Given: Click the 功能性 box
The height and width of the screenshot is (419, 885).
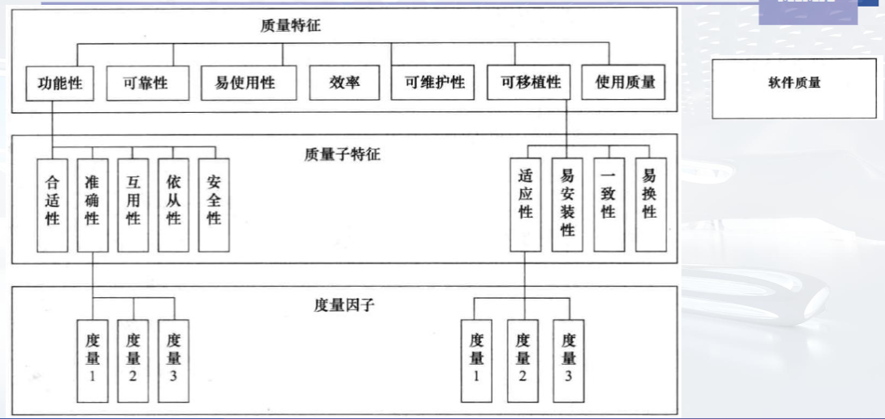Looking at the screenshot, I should pyautogui.click(x=59, y=82).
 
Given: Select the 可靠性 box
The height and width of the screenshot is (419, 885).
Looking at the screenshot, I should pyautogui.click(x=147, y=82).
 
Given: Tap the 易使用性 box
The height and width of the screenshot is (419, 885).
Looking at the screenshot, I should pyautogui.click(x=248, y=82).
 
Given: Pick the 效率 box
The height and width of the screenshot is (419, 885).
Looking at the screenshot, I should pyautogui.click(x=345, y=82).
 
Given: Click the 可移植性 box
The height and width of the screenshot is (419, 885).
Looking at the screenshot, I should pyautogui.click(x=530, y=82).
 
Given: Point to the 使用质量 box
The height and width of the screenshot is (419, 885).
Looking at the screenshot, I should pyautogui.click(x=624, y=82).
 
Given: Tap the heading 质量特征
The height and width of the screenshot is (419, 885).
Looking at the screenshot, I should pyautogui.click(x=291, y=26).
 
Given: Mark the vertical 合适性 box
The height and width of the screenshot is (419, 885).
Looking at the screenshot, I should pyautogui.click(x=52, y=203).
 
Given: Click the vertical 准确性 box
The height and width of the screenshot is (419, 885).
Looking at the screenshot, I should pyautogui.click(x=92, y=203).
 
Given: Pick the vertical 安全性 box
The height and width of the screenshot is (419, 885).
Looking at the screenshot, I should pyautogui.click(x=215, y=203).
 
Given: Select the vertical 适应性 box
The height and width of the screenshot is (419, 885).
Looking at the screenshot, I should pyautogui.click(x=526, y=203).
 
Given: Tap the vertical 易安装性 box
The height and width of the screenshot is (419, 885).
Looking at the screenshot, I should pyautogui.click(x=567, y=203).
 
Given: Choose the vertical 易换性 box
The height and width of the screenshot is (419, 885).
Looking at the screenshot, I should pyautogui.click(x=649, y=203).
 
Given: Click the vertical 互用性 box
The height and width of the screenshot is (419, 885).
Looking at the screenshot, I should pyautogui.click(x=133, y=203).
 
